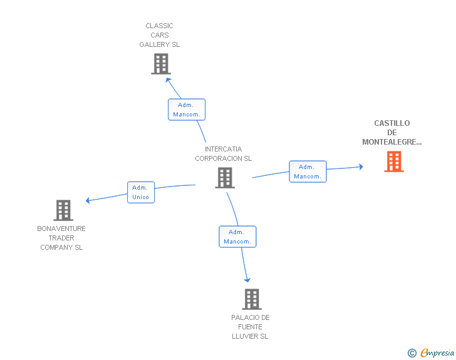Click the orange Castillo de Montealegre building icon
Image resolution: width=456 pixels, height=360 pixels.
394,162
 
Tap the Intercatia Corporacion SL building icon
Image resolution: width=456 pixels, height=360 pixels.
225,178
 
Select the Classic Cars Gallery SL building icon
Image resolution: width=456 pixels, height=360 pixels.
161,64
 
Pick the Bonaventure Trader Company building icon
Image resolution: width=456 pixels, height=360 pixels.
63,210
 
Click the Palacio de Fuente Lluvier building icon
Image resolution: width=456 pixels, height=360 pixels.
252,299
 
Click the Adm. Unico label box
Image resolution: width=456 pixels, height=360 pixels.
141,192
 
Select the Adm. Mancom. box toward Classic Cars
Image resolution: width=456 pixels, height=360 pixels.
187,110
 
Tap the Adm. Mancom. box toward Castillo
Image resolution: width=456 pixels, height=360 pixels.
308,172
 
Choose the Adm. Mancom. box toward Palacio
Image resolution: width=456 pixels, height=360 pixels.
237,237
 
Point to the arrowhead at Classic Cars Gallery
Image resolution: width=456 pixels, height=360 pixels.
168,80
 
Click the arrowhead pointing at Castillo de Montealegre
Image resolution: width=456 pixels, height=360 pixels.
361,167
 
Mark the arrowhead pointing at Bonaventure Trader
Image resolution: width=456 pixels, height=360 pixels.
88,200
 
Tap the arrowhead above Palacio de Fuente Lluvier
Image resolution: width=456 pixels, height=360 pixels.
247,280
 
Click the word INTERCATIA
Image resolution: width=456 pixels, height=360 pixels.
224,149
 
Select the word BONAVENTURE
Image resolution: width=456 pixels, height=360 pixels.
61,229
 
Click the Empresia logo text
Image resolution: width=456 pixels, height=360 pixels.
437,352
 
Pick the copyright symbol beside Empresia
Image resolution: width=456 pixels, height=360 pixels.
412,353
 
